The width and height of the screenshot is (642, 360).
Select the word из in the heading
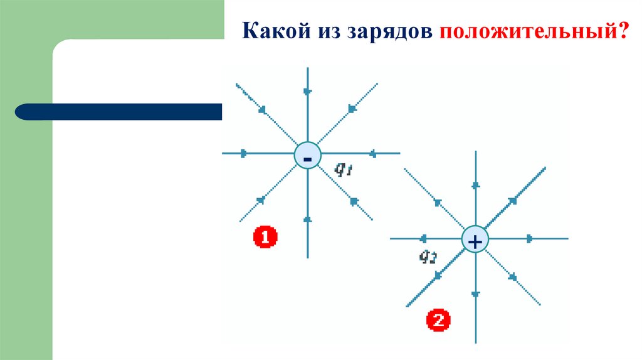click(324, 31)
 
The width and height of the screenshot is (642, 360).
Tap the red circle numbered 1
click(265, 237)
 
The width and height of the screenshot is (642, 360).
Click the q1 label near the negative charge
click(342, 169)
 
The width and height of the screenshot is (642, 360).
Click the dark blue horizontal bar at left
click(119, 112)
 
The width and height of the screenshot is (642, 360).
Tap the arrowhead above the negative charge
click(307, 92)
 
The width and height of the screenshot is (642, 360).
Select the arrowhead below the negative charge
click(307, 219)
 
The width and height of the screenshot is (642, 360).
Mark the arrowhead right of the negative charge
click(372, 153)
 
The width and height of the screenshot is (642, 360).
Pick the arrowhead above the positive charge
click(475, 184)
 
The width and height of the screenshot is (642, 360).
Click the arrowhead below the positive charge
click(475, 294)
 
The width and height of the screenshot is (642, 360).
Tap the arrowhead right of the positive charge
click(530, 238)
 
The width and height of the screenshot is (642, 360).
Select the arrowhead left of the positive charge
click(423, 238)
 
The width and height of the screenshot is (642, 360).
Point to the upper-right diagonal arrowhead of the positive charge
click(513, 201)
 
